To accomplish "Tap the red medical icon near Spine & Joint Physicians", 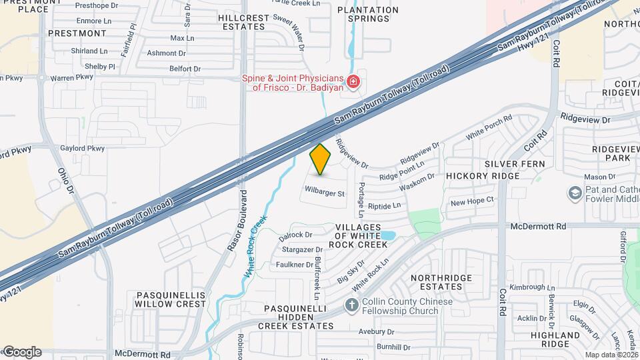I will (353, 83).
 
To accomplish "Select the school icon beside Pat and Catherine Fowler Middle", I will (574, 193).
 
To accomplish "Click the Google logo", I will (21, 351).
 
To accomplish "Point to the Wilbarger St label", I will (325, 194).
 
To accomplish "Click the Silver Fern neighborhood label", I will (515, 163).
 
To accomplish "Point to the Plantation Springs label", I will (367, 14).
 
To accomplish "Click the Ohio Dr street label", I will (64, 177).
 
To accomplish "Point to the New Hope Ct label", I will (471, 201).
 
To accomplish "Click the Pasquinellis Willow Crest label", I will (171, 299).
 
